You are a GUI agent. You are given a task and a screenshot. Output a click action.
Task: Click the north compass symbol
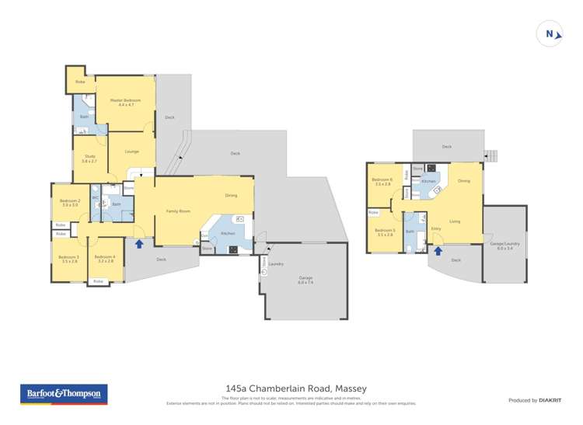550,33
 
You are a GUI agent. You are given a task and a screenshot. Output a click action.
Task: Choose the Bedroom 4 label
104,259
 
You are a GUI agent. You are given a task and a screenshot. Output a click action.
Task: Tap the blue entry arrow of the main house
139,244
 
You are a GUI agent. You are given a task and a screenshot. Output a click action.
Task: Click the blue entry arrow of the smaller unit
438,251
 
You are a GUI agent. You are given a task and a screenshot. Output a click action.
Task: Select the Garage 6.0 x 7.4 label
305,280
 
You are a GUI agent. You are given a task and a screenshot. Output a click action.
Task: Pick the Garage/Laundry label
504,246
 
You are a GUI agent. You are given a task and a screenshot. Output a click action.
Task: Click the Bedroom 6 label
382,182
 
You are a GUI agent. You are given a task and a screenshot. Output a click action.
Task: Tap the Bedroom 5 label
384,232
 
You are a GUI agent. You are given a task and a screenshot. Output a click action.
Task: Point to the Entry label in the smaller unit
435,228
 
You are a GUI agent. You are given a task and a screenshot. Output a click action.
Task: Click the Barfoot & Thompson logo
63,394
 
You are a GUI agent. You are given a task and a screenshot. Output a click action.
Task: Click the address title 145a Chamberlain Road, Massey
295,388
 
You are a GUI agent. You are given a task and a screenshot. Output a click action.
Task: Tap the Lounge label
131,152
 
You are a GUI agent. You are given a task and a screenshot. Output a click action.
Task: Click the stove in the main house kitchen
233,249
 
